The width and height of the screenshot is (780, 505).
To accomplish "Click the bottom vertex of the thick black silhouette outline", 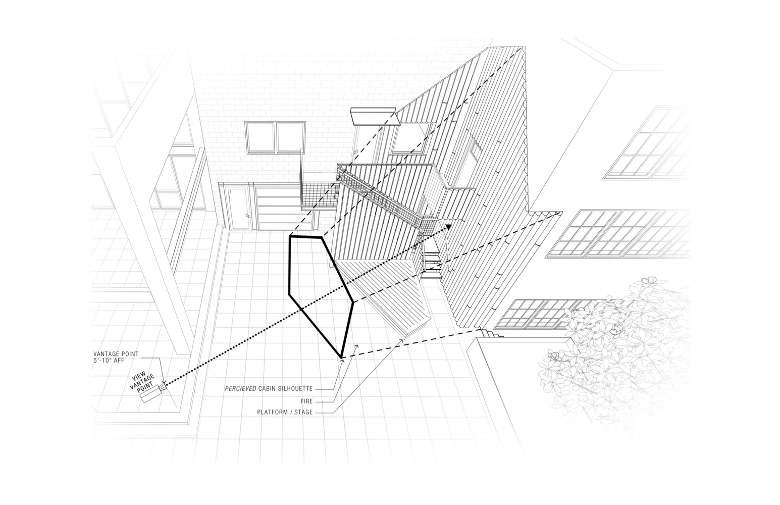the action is coord(341,358).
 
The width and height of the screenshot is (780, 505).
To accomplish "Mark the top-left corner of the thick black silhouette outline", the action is coord(290,236).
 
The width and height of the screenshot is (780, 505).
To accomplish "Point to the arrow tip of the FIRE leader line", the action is coord(357,345).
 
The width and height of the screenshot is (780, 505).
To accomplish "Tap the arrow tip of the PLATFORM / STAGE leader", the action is coord(403,339).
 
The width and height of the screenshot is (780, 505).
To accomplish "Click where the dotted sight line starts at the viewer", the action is coord(165,385).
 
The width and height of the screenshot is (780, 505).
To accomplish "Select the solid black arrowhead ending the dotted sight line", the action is coord(448,227).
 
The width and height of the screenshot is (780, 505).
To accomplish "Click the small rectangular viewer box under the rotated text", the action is coord(151,394).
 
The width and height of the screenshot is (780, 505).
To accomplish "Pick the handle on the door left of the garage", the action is coord(247,216).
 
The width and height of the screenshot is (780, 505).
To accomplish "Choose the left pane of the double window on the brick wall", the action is coord(260,137).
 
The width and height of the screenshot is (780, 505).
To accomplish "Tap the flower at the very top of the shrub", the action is coord(648,281).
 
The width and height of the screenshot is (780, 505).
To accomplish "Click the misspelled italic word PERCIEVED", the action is coord(241,388).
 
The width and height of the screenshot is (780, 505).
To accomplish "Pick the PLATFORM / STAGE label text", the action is coord(285,412).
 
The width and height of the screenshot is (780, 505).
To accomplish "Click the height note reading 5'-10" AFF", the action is coord(109,361).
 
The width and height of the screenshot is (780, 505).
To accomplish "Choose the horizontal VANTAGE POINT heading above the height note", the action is coord(116,354).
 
